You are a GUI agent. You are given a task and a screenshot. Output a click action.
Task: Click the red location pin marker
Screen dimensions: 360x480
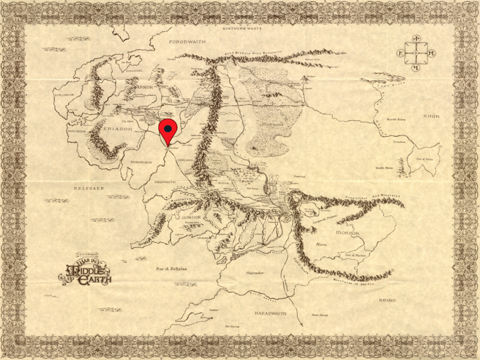click(x=168, y=131)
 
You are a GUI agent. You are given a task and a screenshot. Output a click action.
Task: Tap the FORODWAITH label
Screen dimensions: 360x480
click(x=187, y=42)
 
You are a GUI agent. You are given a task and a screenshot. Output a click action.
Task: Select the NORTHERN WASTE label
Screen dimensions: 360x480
click(x=240, y=29)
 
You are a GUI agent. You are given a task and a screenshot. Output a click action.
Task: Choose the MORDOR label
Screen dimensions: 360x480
click(x=347, y=233)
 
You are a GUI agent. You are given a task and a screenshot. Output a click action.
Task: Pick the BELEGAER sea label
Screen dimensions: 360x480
click(x=88, y=188)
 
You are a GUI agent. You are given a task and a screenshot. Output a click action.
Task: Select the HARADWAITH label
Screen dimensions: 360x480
click(x=270, y=313)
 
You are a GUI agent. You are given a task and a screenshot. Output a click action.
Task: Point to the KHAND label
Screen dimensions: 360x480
click(x=387, y=300)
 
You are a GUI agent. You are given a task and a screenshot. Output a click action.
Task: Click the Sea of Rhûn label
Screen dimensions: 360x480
click(x=425, y=159)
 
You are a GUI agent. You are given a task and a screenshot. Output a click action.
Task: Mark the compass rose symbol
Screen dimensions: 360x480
click(x=416, y=53)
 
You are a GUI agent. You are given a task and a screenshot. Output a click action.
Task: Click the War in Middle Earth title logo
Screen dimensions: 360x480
click(x=85, y=270)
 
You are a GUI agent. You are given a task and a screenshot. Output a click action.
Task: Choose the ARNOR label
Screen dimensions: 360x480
click(x=146, y=87)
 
